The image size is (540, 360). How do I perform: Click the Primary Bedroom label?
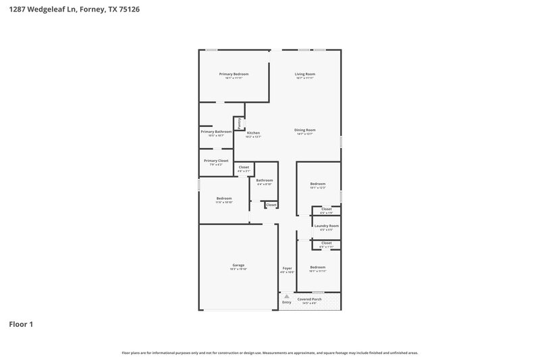pos(234,74)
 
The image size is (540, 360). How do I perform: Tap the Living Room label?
pos(305,74)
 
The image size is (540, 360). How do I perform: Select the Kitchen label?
pos(253,132)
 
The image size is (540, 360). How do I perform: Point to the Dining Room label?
pos(305,130)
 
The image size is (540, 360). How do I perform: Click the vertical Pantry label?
pos(239,122)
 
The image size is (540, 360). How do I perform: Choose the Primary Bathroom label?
pos(216,131)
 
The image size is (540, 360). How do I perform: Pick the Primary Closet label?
pos(216,160)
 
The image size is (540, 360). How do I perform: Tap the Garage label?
pos(238,265)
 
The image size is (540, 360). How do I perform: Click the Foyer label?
pos(287,268)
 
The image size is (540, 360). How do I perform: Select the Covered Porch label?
pos(309,299)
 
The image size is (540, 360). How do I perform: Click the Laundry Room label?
pos(327,226)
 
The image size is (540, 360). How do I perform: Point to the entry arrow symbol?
pos(286,296)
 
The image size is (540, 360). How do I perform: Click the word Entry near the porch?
pos(287,302)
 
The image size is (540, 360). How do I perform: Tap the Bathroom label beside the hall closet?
pos(265,180)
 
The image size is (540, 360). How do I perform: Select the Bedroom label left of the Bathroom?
pos(224,198)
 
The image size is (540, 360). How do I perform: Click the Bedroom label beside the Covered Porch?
pos(318,267)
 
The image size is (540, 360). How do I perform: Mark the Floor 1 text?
pos(21,324)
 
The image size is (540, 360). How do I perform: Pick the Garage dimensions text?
pos(238,269)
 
